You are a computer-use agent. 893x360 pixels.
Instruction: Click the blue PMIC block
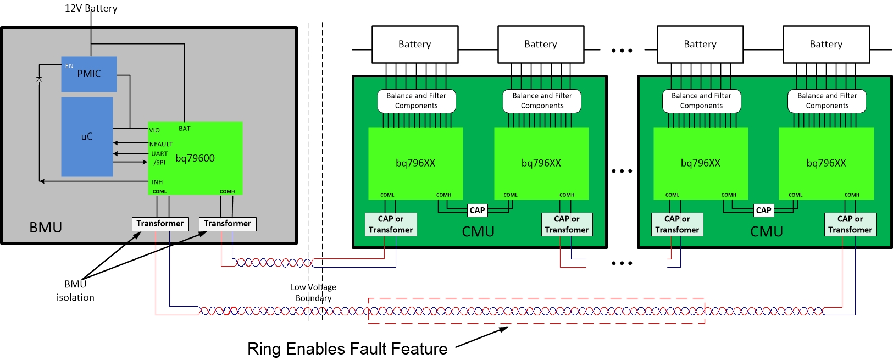pos(88,74)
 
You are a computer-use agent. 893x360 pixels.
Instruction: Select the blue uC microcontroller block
pos(87,137)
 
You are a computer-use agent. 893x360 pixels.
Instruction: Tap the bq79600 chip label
pos(195,158)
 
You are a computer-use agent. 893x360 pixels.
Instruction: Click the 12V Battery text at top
pos(91,8)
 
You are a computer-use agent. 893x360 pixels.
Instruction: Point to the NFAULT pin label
pos(161,144)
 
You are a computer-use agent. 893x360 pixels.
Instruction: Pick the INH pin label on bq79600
pos(157,182)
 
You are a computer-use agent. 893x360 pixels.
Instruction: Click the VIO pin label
pos(154,130)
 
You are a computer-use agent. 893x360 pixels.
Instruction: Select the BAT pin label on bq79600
pos(185,129)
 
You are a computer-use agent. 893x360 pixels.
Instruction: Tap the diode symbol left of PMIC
pos(39,80)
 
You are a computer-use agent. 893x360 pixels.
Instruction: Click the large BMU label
pos(46,228)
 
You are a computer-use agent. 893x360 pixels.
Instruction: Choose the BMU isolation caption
pos(75,291)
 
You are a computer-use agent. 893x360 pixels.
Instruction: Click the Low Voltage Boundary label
pos(313,292)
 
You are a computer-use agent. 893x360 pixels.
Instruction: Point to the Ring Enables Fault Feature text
pos(347,348)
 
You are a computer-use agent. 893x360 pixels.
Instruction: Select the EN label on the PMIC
pos(69,66)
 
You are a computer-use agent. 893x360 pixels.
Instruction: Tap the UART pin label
pos(159,154)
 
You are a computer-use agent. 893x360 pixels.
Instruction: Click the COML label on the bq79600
pos(160,192)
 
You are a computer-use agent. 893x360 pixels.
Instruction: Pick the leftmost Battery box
pos(415,45)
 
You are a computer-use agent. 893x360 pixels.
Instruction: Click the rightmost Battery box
pos(826,45)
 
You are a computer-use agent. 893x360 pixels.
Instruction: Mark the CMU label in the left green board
pos(478,231)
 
